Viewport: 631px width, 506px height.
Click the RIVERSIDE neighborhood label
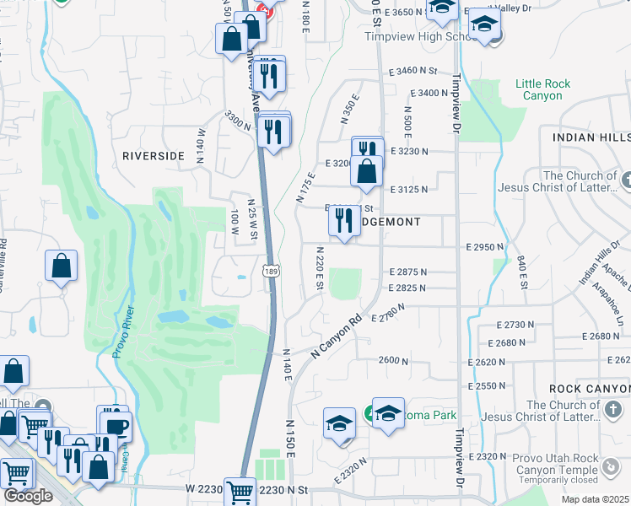click(153, 156)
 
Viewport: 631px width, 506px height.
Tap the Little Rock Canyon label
click(543, 89)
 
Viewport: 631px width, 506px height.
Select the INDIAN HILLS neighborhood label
click(591, 137)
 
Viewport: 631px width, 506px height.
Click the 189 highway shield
click(271, 272)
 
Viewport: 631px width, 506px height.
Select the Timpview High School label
click(411, 37)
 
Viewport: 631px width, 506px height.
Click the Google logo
click(28, 496)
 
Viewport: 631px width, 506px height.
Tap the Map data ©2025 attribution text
click(596, 499)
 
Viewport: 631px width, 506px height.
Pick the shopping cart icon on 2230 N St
click(240, 491)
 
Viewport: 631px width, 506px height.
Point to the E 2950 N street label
click(484, 247)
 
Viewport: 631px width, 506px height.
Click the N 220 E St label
click(320, 268)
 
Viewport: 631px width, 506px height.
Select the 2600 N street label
click(393, 360)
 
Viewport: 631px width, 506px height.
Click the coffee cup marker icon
click(115, 426)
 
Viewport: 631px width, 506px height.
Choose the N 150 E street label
click(289, 438)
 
